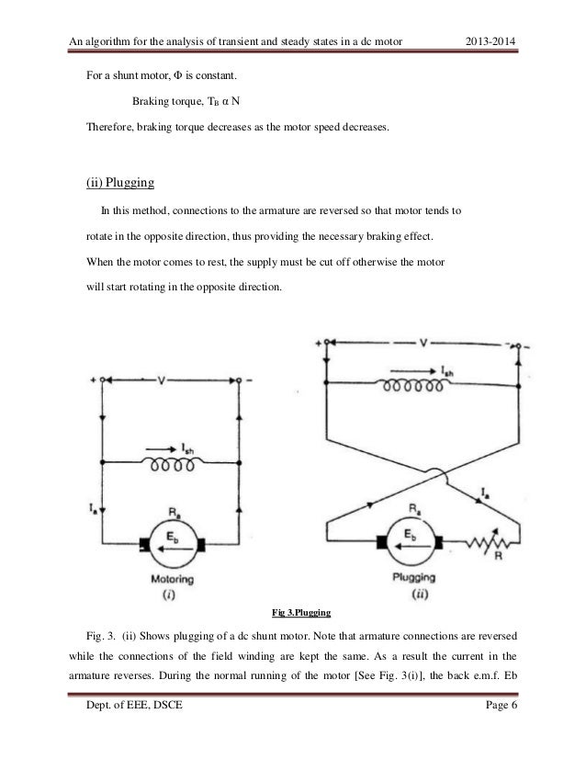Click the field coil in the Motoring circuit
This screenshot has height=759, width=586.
(x=170, y=463)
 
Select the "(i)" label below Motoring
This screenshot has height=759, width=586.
(x=169, y=595)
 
